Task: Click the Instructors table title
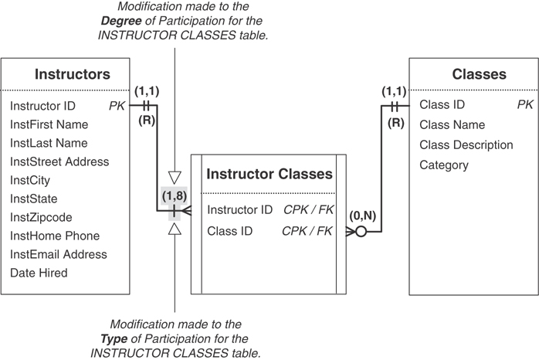pyautogui.click(x=72, y=74)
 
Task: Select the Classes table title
pyautogui.click(x=479, y=74)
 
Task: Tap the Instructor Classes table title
pyautogui.click(x=269, y=174)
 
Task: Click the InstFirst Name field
pyautogui.click(x=49, y=124)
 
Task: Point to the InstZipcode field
pyautogui.click(x=41, y=217)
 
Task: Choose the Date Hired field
pyautogui.click(x=39, y=273)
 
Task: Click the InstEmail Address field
pyautogui.click(x=59, y=254)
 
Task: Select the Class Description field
pyautogui.click(x=466, y=144)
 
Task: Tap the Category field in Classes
pyautogui.click(x=443, y=165)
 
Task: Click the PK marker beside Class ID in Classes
pyautogui.click(x=524, y=104)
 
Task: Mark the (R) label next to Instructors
pyautogui.click(x=147, y=121)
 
